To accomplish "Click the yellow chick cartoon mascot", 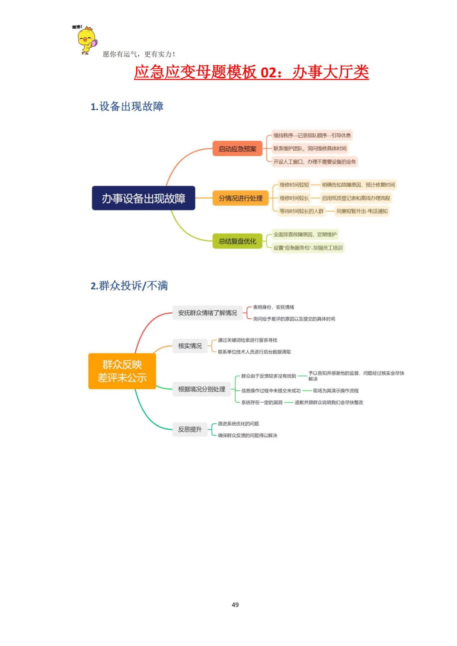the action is [x=87, y=40].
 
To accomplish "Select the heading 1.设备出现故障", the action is [x=127, y=106].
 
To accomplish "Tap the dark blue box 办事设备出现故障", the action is [x=143, y=198].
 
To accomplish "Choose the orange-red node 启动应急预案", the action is [x=237, y=149].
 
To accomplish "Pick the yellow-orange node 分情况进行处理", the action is [x=241, y=198].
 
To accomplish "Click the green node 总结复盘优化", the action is [x=237, y=241].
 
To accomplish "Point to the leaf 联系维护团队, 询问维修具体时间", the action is [x=310, y=148].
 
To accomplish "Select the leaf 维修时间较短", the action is [x=294, y=185].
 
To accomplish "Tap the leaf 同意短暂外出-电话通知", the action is [x=362, y=211].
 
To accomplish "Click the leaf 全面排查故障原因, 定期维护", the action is [x=305, y=235].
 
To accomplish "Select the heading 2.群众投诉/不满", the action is [x=129, y=286].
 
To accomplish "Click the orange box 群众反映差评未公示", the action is [x=122, y=371].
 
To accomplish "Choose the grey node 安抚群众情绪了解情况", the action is [x=207, y=313].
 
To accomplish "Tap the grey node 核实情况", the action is [x=190, y=346].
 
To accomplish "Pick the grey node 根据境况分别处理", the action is [x=202, y=389].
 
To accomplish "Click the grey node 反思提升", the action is [x=190, y=429].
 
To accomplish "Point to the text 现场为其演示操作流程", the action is [x=336, y=391].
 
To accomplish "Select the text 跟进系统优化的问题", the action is [x=238, y=424].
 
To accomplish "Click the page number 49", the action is [x=235, y=605].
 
